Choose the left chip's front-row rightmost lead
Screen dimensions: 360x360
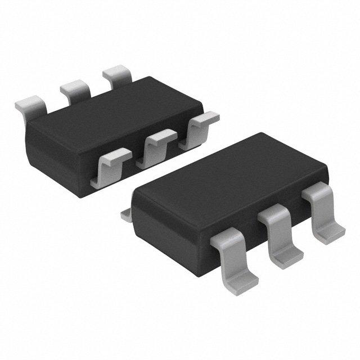pos(198,129)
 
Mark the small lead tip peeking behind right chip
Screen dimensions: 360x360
pos(128,214)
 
